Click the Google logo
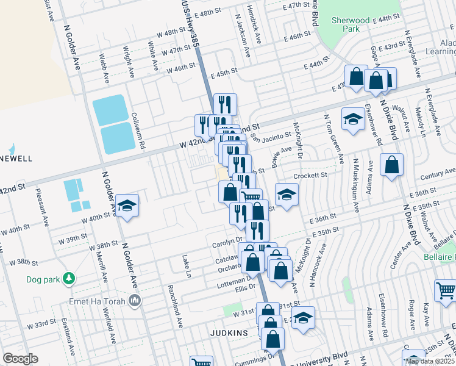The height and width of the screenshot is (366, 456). pos(20,359)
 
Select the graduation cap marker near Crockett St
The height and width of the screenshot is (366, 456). pos(286,194)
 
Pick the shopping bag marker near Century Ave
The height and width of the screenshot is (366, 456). pos(391,164)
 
